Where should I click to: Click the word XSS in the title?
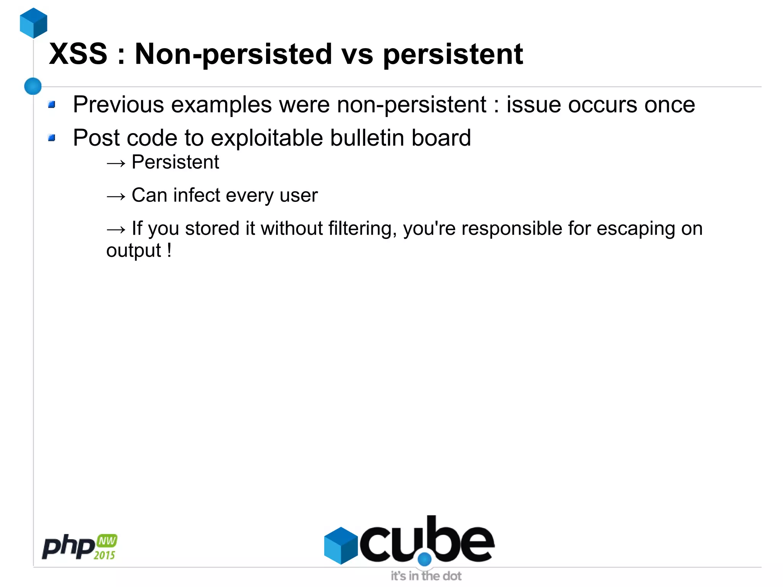[x=78, y=54]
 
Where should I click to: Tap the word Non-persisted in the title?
[x=233, y=54]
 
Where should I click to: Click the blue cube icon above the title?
[x=34, y=23]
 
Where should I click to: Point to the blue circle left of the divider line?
[x=33, y=86]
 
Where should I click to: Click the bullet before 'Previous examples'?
[x=52, y=104]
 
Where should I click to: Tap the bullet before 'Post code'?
[x=52, y=138]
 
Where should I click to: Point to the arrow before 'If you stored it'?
[x=116, y=229]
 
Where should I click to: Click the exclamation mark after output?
[x=169, y=250]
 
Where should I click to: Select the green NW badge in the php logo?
[x=107, y=541]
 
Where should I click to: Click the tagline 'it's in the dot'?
[x=426, y=576]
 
